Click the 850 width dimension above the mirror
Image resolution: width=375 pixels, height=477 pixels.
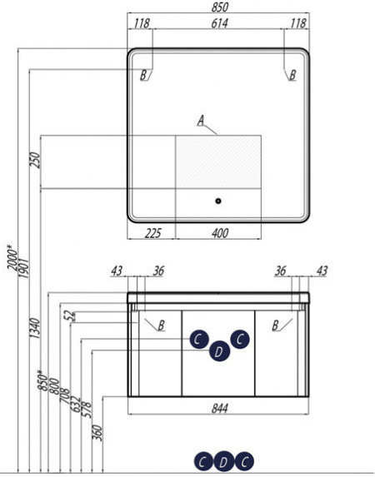click(220, 7)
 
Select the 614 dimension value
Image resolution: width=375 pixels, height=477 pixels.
click(220, 23)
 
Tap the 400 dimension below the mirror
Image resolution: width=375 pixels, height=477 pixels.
click(220, 233)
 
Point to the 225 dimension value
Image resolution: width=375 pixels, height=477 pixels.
click(152, 233)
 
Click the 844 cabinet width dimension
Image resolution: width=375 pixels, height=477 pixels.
click(220, 409)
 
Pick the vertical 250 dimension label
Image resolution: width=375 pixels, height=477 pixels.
click(35, 160)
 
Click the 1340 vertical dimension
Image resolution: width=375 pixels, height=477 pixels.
click(35, 329)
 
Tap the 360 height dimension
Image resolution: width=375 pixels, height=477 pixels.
click(97, 433)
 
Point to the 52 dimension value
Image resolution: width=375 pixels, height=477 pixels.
click(70, 316)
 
